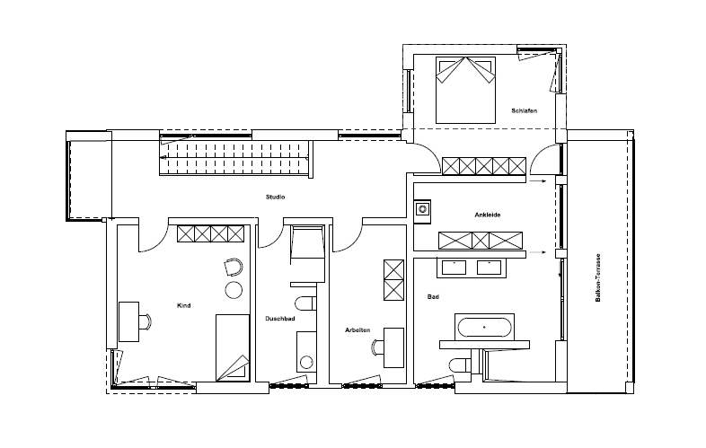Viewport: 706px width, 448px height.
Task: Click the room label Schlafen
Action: point(524,110)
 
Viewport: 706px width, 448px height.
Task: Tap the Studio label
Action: point(275,197)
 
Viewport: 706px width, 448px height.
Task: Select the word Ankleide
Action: point(487,215)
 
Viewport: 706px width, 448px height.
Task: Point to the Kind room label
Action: point(184,305)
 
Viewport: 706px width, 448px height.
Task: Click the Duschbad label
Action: point(279,319)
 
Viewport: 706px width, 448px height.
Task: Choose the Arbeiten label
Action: point(357,330)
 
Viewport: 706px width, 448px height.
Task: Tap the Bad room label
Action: point(433,296)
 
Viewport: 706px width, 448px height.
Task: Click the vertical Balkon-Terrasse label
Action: point(598,277)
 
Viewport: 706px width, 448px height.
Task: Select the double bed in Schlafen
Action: point(465,90)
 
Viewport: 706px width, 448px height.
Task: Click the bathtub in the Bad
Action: point(484,328)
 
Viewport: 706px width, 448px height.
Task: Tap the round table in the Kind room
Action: point(234,290)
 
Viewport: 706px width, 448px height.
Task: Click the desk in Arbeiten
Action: point(393,347)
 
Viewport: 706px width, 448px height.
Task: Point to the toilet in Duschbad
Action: point(305,303)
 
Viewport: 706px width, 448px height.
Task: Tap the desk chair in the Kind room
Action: point(146,322)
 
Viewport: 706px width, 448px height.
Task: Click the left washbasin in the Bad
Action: point(454,268)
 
